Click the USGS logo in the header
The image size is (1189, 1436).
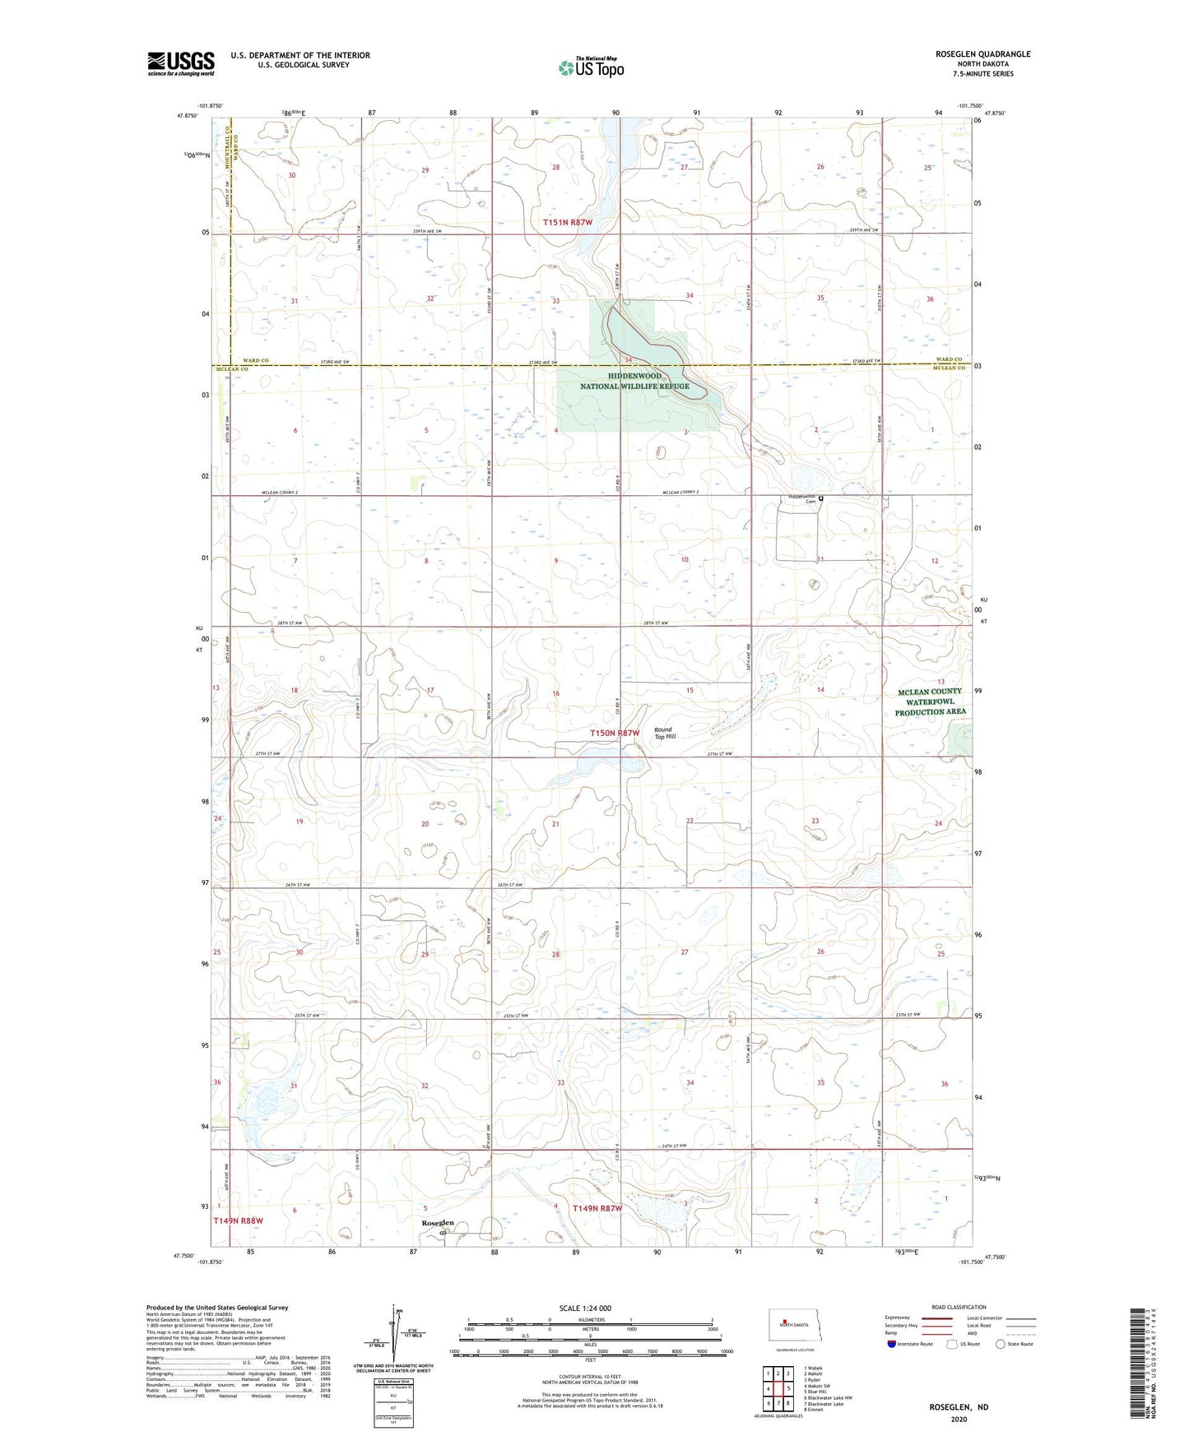181,63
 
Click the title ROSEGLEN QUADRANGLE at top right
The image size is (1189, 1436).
971,54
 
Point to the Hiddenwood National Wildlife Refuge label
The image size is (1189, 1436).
635,381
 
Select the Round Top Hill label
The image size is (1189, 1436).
664,733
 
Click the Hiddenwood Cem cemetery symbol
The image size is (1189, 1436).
820,498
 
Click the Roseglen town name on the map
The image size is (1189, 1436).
438,1223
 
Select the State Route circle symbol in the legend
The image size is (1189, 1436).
1001,1344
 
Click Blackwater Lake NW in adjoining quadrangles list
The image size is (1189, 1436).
830,1397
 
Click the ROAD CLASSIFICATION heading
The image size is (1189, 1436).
959,1307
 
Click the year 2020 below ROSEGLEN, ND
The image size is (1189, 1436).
959,1419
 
